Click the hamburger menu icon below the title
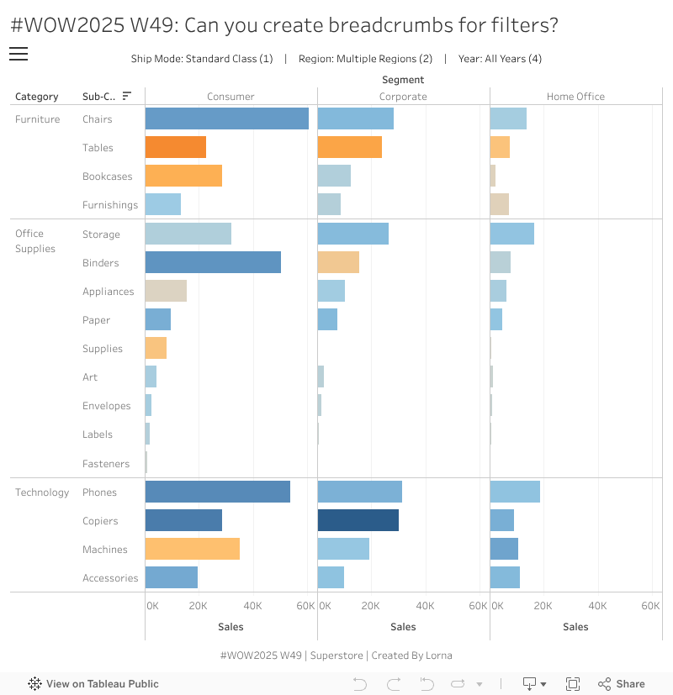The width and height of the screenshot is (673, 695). point(19,55)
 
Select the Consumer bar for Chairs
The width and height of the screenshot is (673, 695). point(226,118)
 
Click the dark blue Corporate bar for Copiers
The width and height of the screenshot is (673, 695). point(358,520)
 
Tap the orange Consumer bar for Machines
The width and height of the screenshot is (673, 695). point(192,549)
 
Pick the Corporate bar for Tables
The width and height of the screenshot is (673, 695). point(349,147)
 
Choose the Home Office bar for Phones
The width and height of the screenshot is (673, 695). point(515,492)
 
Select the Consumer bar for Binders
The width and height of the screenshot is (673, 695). point(213,262)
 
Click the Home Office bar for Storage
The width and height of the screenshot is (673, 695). point(511,234)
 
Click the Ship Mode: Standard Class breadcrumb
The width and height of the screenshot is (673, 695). point(202,59)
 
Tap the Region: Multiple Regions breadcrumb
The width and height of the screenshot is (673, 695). point(365,59)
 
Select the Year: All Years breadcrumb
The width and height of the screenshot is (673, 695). point(500,59)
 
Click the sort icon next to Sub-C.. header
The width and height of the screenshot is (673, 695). point(127,96)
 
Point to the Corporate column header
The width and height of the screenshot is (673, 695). point(403,97)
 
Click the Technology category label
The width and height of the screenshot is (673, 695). point(42,492)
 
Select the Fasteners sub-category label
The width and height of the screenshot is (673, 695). point(106,464)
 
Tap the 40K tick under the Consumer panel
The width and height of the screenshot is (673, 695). point(252,606)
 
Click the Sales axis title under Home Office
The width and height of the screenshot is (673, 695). point(575,627)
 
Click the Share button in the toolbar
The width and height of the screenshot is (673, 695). point(622,684)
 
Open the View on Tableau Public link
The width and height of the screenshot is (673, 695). point(93,684)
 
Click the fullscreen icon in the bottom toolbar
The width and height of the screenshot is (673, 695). point(573,684)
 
